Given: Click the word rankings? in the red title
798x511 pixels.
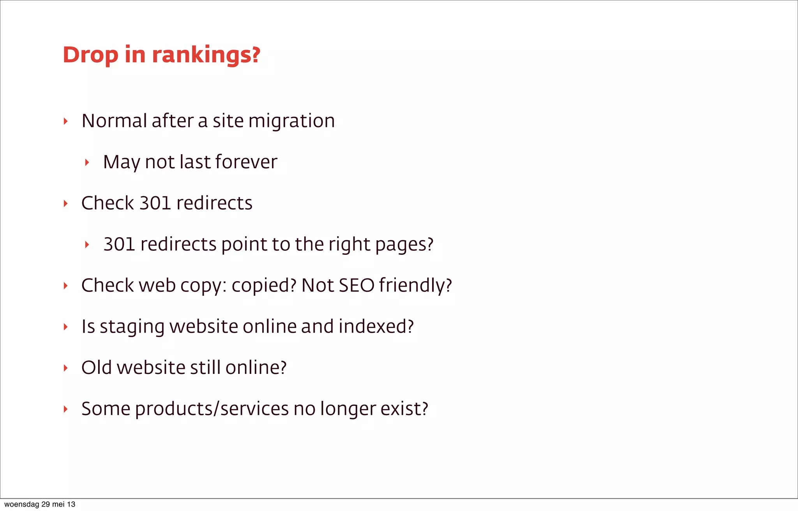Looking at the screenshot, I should point(206,55).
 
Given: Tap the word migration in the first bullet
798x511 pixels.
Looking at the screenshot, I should point(291,121).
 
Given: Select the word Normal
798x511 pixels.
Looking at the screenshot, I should point(114,121).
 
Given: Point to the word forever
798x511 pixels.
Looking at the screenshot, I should point(246,162).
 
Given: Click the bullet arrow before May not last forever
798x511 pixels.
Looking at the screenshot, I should point(87,162).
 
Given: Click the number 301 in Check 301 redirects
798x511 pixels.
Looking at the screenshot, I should point(155,203).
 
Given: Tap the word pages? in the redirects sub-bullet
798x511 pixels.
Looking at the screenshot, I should point(404,245).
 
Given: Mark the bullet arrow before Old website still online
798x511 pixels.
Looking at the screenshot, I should point(65,368).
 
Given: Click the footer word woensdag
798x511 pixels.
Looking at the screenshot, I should point(21,504).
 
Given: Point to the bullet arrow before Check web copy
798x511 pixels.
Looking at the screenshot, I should point(65,286).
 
